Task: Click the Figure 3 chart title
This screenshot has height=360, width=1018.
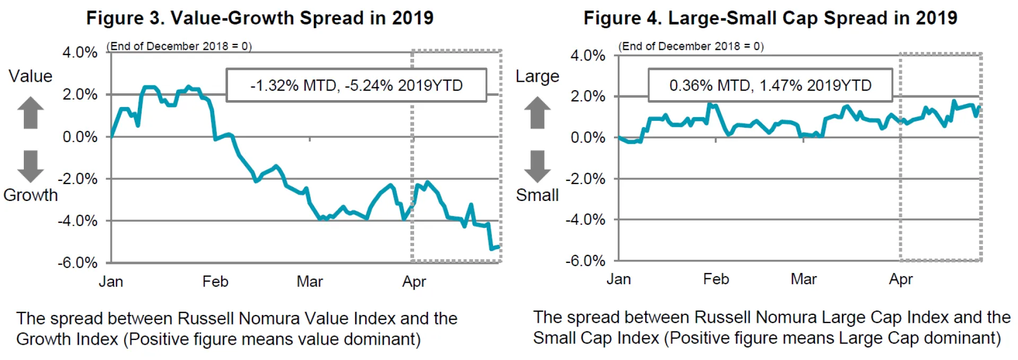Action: tap(260, 18)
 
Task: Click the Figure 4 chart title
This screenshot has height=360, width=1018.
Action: tap(770, 18)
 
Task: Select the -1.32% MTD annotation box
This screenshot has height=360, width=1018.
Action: tap(356, 85)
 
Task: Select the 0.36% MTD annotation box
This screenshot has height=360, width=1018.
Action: tap(770, 85)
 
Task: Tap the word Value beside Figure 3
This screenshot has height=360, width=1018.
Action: tap(30, 76)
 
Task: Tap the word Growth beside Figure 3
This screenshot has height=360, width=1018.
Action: tap(30, 195)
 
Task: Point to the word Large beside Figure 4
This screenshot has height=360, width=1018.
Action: tap(537, 76)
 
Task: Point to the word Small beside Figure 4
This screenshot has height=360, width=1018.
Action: tap(537, 195)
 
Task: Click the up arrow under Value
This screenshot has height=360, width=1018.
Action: tap(31, 112)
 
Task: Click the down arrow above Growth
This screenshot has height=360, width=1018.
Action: tap(31, 166)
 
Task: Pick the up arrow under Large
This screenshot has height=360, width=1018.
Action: tap(538, 112)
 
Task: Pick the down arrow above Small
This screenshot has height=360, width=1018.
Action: tap(538, 166)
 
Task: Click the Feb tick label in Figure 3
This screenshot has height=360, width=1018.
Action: tap(215, 282)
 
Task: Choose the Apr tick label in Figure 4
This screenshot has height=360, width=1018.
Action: tap(901, 279)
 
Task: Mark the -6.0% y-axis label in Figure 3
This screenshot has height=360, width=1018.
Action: tap(78, 263)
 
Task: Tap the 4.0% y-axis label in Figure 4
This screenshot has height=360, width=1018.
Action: tap(587, 56)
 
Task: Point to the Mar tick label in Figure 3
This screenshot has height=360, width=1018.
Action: tap(310, 282)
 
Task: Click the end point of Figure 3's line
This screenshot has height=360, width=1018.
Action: tap(498, 247)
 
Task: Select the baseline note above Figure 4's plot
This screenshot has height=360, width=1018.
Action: tap(691, 46)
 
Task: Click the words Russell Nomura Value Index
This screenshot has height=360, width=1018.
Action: tap(286, 319)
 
